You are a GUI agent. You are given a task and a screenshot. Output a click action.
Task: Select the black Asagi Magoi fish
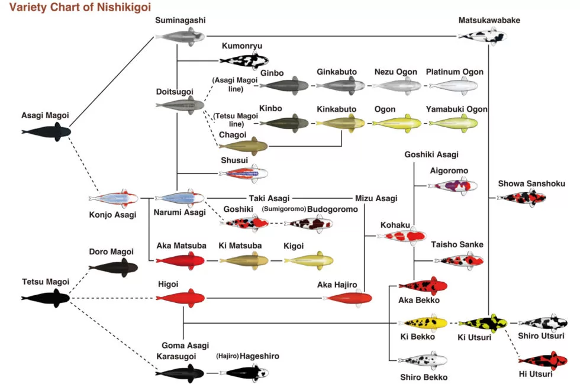[46, 131]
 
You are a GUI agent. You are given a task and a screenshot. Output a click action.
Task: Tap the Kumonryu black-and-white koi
[243, 60]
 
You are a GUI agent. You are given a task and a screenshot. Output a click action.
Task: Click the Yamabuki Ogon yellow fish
[453, 123]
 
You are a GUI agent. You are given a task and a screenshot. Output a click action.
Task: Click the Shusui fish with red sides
[243, 173]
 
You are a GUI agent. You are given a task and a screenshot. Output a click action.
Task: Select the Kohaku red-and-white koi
[401, 236]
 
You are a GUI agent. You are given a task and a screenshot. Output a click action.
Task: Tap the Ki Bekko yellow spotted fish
[423, 323]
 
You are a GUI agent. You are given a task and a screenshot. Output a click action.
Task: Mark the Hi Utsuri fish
[542, 359]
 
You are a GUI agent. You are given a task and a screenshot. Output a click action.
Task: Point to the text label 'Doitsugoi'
[174, 91]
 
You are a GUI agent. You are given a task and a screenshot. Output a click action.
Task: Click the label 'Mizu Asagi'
[376, 198]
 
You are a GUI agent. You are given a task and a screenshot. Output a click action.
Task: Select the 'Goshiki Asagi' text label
[431, 154]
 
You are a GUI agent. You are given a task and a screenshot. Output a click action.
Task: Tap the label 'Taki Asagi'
[264, 198]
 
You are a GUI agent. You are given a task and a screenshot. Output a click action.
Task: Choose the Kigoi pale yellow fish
[308, 260]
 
